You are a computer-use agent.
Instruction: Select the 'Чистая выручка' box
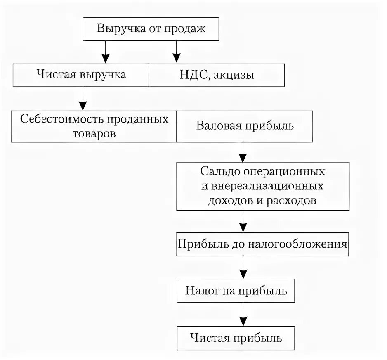81,75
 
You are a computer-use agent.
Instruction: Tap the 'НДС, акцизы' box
216,75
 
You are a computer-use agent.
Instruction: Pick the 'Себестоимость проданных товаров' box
94,126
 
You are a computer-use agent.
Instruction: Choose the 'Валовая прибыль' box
245,126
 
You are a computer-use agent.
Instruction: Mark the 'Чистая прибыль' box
236,339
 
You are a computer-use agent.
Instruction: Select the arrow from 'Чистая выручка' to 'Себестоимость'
83,98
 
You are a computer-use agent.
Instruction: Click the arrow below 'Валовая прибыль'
243,152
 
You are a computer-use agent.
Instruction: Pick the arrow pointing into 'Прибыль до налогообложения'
243,223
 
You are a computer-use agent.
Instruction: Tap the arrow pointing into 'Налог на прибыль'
243,268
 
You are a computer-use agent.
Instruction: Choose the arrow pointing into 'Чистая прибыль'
243,315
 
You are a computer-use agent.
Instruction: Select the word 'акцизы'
236,75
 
